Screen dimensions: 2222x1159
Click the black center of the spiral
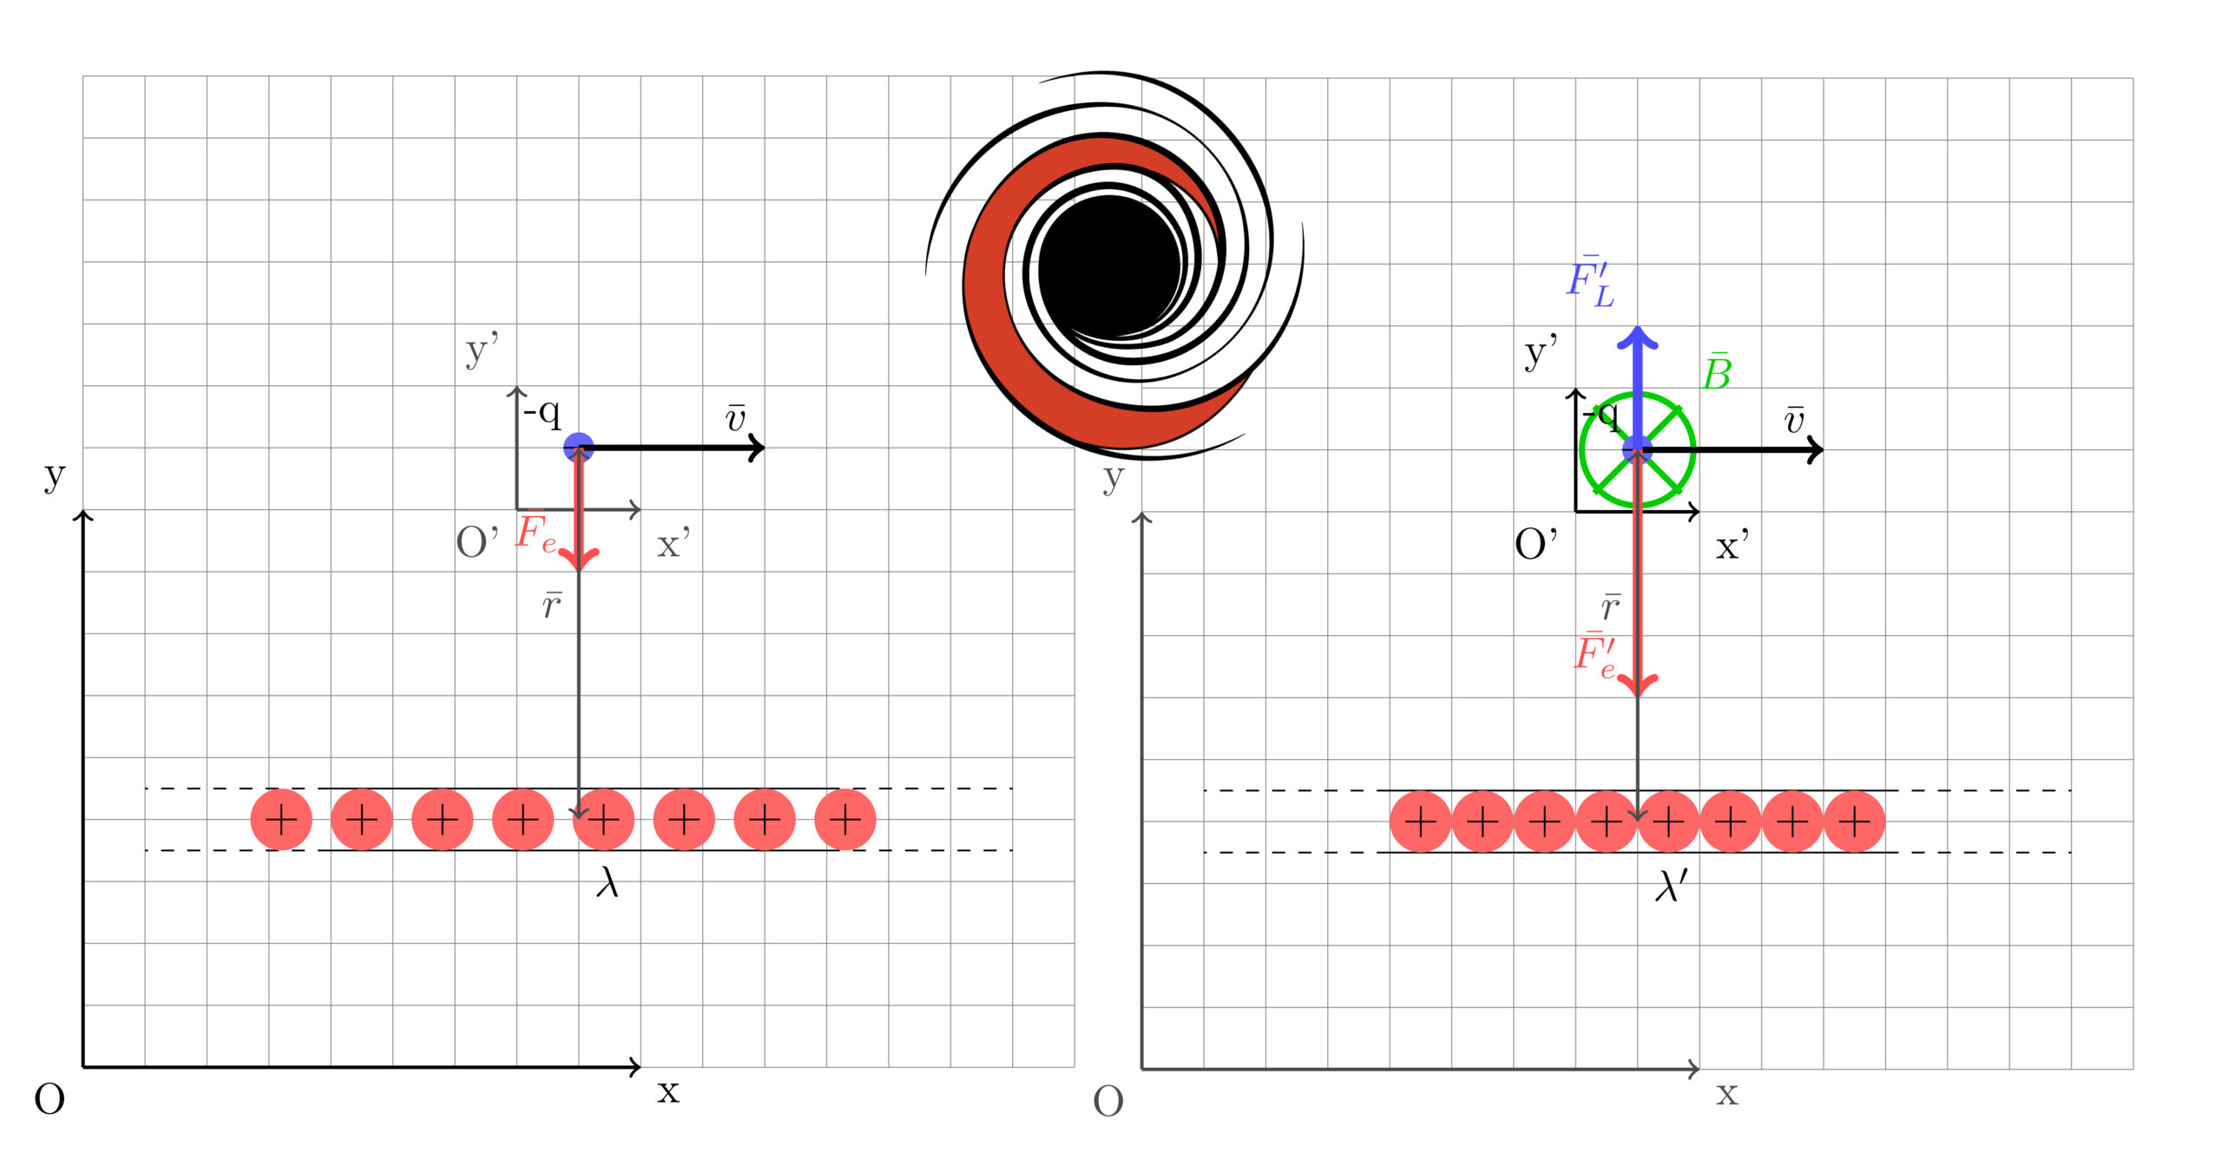pos(1109,265)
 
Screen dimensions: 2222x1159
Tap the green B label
pos(1717,372)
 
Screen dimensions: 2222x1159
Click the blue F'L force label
pos(1590,281)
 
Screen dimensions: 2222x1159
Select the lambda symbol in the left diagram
pos(608,882)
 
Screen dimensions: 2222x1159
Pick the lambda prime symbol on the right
pos(1671,886)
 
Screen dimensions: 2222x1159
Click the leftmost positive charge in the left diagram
pos(281,820)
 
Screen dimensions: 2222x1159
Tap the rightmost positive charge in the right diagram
pos(1854,822)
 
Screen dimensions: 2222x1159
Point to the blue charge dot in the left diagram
pos(578,448)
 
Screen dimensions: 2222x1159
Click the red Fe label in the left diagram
pos(536,532)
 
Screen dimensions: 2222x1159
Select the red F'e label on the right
pos(1595,655)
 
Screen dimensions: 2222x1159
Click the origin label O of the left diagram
pos(49,1099)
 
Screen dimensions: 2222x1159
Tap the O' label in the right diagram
pos(1535,545)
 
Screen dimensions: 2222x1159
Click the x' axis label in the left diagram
pos(674,545)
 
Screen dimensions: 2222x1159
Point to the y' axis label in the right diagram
pos(1541,352)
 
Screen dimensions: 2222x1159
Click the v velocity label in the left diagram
pos(735,417)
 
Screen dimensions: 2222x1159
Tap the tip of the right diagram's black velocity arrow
pos(1823,449)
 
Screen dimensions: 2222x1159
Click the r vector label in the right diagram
pos(1611,606)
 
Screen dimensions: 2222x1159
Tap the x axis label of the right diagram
pos(1726,1094)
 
